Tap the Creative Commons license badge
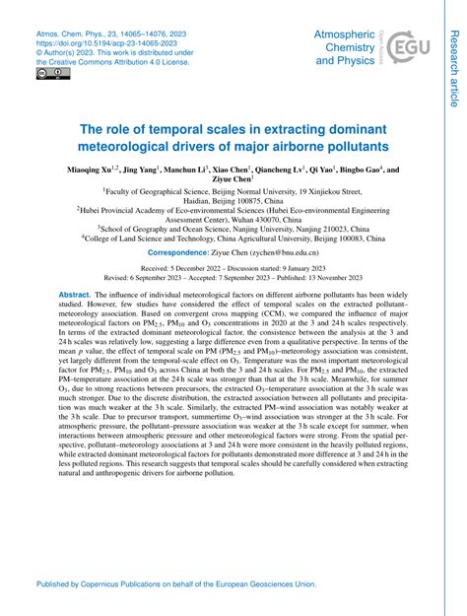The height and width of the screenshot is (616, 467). pos(47,73)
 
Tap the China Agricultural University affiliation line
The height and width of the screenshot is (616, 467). pos(234,238)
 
